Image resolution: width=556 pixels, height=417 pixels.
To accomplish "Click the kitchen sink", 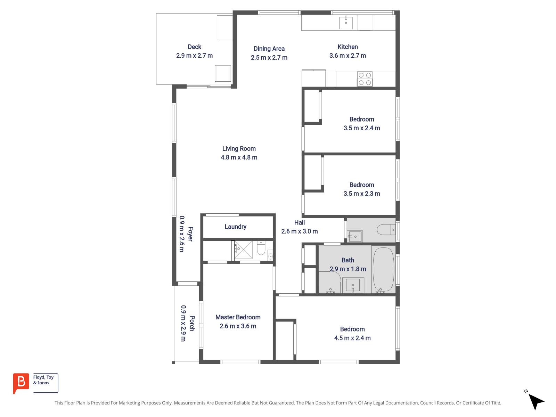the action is (x=346, y=22).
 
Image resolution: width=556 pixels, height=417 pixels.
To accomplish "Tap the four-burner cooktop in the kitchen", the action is (x=365, y=79).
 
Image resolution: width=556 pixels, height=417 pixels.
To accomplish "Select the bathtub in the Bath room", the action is (x=384, y=270).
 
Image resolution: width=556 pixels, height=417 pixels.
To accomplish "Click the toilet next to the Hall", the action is (x=386, y=230).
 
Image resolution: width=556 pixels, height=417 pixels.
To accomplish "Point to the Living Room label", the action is (x=239, y=149).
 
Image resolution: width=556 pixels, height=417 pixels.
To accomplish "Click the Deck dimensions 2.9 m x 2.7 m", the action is (x=194, y=56).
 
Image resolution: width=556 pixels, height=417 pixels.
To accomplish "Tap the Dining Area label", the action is (x=269, y=49).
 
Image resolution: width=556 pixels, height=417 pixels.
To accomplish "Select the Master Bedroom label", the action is (x=238, y=317).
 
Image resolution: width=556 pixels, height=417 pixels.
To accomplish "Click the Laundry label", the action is (x=235, y=227).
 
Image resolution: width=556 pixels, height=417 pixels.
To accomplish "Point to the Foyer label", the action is (x=190, y=234).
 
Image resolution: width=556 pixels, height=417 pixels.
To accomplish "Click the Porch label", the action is (x=192, y=323).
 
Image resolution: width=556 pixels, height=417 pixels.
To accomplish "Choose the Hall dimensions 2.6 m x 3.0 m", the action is (x=300, y=231).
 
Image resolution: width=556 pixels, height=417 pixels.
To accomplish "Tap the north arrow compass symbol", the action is (x=535, y=401).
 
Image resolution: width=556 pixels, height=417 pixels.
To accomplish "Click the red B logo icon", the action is (x=21, y=383).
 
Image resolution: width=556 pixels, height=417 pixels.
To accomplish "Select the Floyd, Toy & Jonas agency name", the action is (x=43, y=380).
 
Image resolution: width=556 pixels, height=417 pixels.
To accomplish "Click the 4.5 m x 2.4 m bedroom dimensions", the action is (x=352, y=338).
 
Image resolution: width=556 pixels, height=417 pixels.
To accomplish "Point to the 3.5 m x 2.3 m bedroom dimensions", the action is (x=362, y=194).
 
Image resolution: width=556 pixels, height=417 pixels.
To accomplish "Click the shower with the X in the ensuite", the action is (x=244, y=250).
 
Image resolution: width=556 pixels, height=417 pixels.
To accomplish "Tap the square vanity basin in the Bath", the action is (x=353, y=285).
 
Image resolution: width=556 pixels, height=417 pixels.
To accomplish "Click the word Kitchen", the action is (x=347, y=47).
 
